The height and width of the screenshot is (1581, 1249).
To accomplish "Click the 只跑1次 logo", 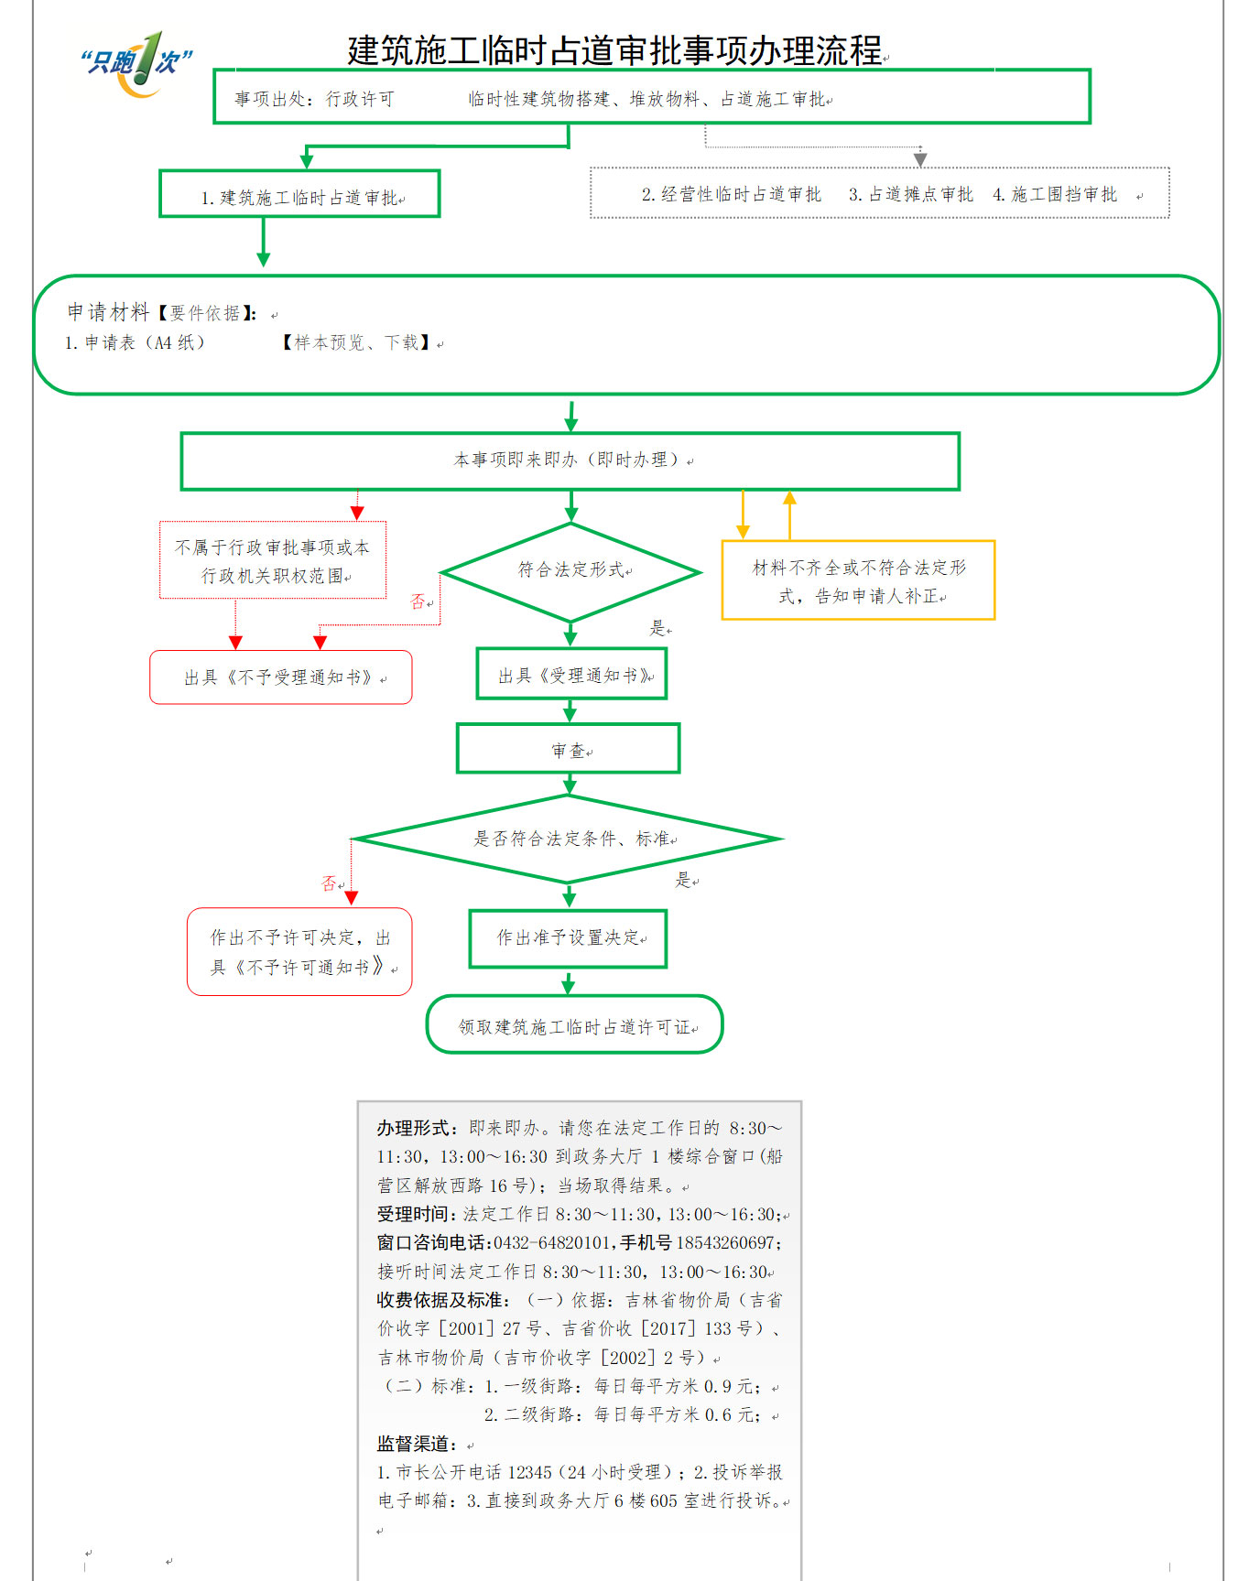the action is (x=137, y=64).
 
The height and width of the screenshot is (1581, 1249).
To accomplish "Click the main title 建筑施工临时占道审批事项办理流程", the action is (x=614, y=50).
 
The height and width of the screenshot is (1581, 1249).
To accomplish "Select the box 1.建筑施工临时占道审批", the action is (x=299, y=193).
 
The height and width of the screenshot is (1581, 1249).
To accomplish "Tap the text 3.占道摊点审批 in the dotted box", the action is (x=910, y=194).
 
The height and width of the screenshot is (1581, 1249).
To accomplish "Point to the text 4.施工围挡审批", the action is (x=1055, y=194).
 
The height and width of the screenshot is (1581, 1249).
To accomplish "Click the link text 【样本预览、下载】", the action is (x=356, y=342).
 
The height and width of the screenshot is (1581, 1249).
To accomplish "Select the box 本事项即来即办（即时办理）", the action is (x=570, y=461).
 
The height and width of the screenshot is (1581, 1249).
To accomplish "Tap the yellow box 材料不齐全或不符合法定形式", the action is (x=858, y=580).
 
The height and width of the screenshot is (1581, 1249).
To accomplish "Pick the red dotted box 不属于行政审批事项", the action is (x=273, y=560).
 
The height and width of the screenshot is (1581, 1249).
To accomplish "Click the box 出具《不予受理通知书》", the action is (x=281, y=677).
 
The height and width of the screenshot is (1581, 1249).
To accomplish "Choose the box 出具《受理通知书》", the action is (x=571, y=674).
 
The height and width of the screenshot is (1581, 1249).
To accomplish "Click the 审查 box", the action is (x=569, y=749).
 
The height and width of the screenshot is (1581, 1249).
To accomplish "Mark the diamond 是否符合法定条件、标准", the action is (x=568, y=839).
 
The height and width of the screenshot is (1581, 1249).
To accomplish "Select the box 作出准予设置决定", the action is (x=568, y=938).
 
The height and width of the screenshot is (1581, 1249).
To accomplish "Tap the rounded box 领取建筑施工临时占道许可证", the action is (x=575, y=1024).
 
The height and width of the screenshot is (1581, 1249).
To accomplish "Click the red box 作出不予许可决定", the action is (x=299, y=952).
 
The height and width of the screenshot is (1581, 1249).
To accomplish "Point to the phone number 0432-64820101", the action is (x=551, y=1242).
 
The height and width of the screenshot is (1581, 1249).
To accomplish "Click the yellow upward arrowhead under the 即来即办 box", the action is (x=789, y=498).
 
